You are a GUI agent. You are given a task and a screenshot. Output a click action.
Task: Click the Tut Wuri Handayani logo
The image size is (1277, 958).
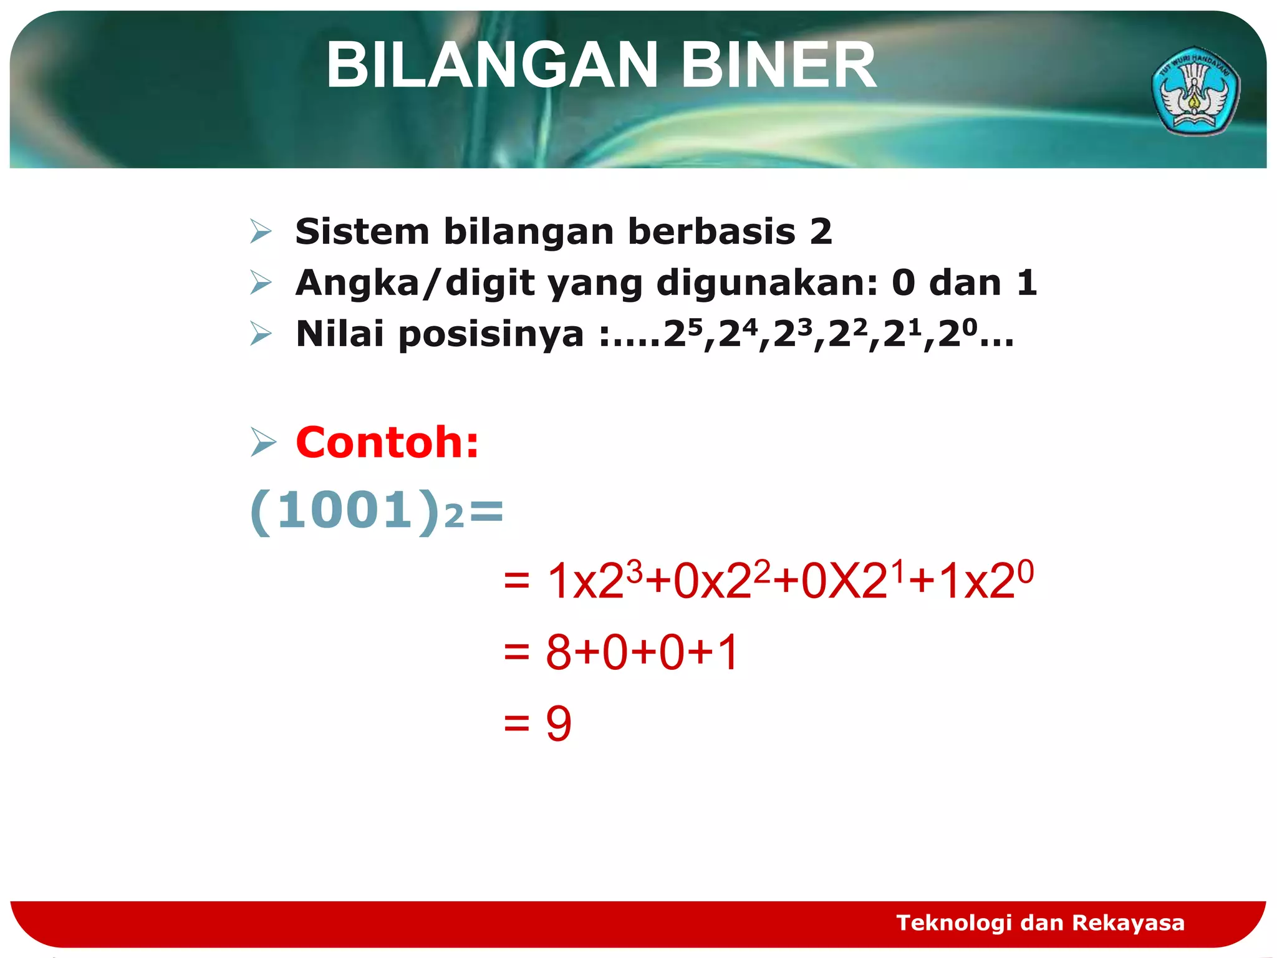[x=1195, y=91]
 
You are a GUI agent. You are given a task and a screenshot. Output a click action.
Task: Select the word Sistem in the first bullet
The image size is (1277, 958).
[x=362, y=232]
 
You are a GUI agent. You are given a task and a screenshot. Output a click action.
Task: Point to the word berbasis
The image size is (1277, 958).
[x=711, y=232]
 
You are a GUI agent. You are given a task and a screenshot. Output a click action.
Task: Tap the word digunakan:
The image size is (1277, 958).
[x=767, y=284]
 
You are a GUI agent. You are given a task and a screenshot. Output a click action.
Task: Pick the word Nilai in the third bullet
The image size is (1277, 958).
[x=339, y=334]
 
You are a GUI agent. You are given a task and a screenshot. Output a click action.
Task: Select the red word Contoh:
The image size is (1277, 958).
[x=387, y=443]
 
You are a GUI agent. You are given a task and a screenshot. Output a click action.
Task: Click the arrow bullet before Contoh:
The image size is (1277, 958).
[x=263, y=443]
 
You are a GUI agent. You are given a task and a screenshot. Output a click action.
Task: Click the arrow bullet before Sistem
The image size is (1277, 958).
[x=261, y=232]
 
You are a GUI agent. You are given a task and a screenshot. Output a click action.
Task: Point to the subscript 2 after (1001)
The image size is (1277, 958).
[x=454, y=517]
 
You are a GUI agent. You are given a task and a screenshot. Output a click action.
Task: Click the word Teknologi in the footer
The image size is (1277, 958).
[x=953, y=922]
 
